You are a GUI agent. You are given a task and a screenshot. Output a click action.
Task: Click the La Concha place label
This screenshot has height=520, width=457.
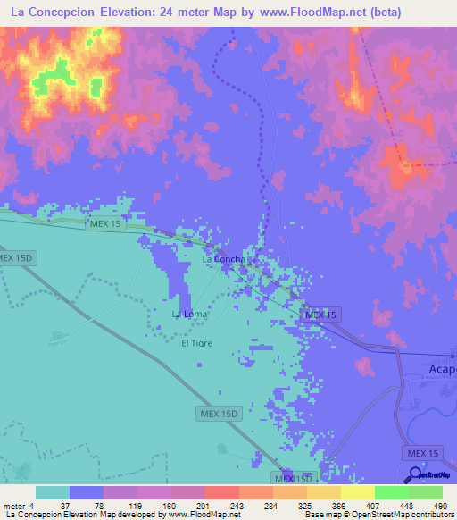click(x=223, y=259)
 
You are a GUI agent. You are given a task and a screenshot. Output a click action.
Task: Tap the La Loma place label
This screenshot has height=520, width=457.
click(x=189, y=315)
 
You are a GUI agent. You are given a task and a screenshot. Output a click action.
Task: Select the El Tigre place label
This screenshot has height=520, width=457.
click(x=196, y=343)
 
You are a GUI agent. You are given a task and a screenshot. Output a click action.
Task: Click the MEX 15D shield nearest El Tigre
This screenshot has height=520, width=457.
click(x=219, y=414)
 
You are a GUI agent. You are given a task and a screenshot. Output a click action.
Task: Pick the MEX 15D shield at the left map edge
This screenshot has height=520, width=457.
click(x=15, y=258)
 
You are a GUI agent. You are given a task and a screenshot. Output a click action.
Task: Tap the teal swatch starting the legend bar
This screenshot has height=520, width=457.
click(x=53, y=492)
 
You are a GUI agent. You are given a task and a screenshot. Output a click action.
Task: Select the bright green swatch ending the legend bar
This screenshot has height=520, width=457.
click(x=426, y=492)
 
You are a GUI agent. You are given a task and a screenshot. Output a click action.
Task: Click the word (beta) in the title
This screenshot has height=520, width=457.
click(x=386, y=13)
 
